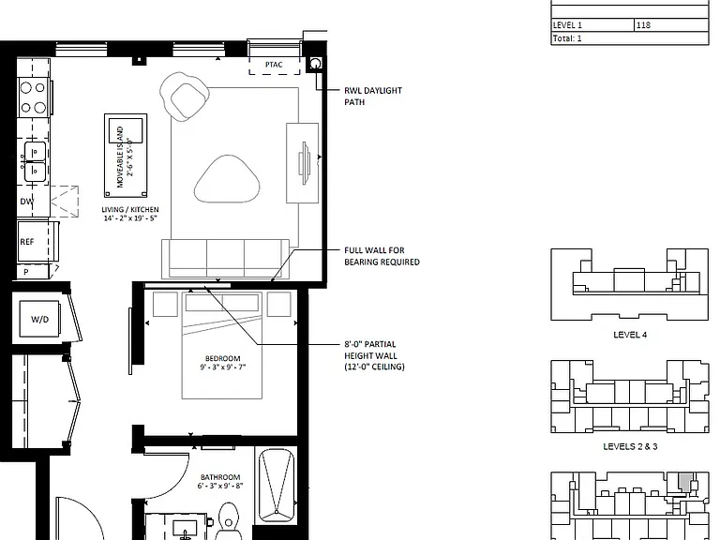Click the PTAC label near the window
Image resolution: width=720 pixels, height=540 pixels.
point(274,65)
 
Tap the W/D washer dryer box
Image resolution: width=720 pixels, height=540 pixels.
point(39,319)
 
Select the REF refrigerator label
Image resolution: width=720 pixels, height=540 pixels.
point(26,242)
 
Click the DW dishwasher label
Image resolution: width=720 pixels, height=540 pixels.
point(27,202)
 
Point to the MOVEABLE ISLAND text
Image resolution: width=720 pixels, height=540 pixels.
point(121,157)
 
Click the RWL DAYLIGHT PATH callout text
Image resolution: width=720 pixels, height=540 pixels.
point(373,96)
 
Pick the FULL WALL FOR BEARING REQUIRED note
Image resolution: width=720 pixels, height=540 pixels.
point(382,256)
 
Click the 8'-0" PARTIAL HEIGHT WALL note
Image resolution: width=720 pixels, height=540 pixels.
point(374,355)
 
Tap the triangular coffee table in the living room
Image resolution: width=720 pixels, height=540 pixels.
point(227,179)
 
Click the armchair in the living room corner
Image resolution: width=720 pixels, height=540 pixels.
point(185,97)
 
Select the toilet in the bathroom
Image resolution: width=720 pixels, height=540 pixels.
point(227,522)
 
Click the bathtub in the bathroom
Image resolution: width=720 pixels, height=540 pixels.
point(277,486)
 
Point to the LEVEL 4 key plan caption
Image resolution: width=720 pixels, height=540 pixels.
point(630,335)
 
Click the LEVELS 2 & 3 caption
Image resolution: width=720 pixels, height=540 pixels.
point(630,446)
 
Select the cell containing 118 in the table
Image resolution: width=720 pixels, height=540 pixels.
point(672,25)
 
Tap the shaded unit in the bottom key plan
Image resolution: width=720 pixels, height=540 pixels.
point(684,483)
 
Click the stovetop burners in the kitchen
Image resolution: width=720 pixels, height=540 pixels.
point(33,97)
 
